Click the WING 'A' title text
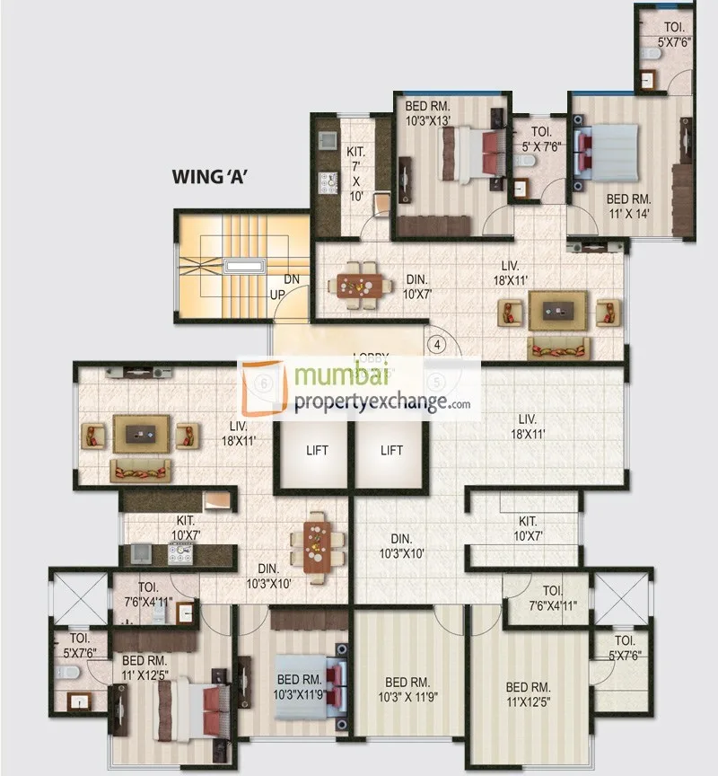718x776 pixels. [x=209, y=177]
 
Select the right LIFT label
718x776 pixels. [x=391, y=451]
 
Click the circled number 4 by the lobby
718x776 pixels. [x=437, y=343]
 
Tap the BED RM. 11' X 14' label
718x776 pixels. [x=627, y=206]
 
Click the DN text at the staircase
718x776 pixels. [x=292, y=279]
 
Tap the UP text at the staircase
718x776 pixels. [x=279, y=293]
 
